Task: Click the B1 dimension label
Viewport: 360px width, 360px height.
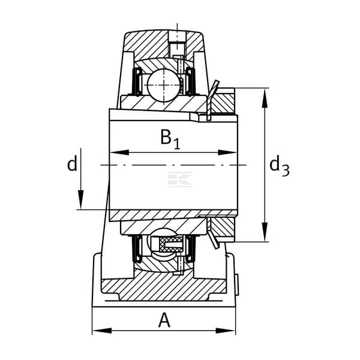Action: click(x=170, y=139)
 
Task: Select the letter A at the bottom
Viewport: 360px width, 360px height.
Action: click(x=164, y=320)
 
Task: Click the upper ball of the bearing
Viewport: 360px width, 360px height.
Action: click(x=164, y=85)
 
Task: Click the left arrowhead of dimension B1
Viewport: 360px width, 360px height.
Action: click(x=119, y=152)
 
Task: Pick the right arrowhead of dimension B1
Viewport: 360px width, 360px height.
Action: click(x=227, y=152)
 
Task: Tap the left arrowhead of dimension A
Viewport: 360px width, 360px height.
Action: click(x=102, y=331)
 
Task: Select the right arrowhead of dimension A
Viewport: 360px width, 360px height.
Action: click(x=226, y=331)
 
